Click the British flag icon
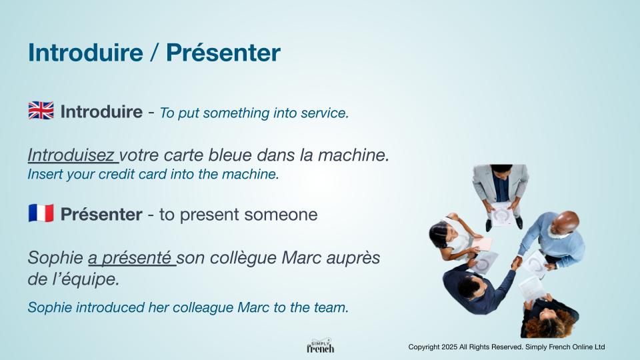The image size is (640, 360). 41,111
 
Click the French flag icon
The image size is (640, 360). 41,213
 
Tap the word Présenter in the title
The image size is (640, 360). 223,53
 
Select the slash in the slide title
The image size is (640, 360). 155,53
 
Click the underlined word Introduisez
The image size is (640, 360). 71,155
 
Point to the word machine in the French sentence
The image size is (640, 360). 353,155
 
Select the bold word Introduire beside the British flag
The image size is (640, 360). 101,111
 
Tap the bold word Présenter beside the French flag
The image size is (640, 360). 101,214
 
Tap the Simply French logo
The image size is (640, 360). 321,346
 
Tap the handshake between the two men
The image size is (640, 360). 516,263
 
